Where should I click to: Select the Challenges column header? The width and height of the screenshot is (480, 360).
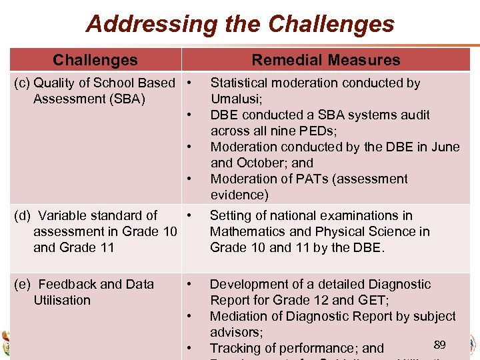(x=95, y=60)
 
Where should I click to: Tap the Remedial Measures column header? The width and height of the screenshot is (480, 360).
(x=325, y=60)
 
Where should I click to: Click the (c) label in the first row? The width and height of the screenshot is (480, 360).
(x=23, y=83)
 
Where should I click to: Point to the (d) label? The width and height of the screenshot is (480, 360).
(x=23, y=215)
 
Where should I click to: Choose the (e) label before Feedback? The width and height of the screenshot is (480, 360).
(x=23, y=284)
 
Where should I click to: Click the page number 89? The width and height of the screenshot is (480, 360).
(x=439, y=344)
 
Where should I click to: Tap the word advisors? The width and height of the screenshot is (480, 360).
(x=236, y=332)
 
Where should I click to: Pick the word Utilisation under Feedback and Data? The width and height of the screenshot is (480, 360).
(x=62, y=300)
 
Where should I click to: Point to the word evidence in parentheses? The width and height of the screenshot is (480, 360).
(x=238, y=195)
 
